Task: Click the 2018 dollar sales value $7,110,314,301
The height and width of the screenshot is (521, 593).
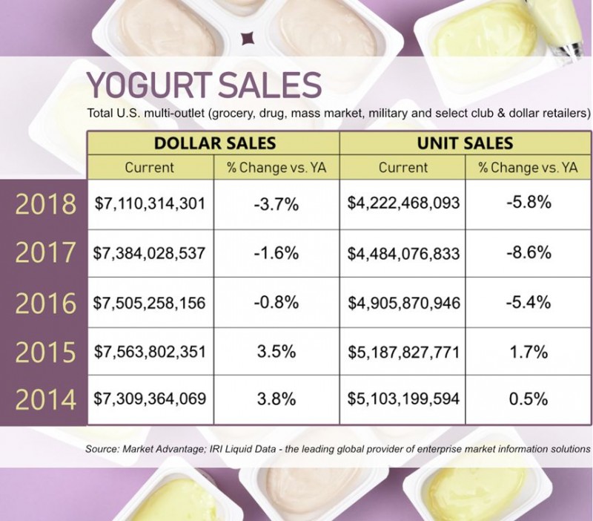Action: click(150, 203)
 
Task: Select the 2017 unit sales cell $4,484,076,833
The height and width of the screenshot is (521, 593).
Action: click(403, 252)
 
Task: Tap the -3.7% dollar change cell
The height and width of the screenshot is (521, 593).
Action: click(277, 203)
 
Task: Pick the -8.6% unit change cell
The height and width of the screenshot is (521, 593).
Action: click(529, 252)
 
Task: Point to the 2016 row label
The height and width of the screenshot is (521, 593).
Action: click(46, 303)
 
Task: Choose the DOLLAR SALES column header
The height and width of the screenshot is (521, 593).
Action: click(214, 143)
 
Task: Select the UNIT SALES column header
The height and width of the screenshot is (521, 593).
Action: click(466, 143)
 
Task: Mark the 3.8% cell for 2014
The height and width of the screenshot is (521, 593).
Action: click(277, 399)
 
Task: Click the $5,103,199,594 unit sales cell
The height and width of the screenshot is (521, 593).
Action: click(403, 399)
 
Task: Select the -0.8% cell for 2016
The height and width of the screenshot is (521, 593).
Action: click(277, 302)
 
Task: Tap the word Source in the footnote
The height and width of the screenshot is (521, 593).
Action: click(102, 449)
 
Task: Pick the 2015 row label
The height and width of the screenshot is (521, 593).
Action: click(46, 352)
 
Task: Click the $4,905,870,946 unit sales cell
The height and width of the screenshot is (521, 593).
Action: click(403, 302)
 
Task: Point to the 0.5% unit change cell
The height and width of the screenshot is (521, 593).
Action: click(529, 399)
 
